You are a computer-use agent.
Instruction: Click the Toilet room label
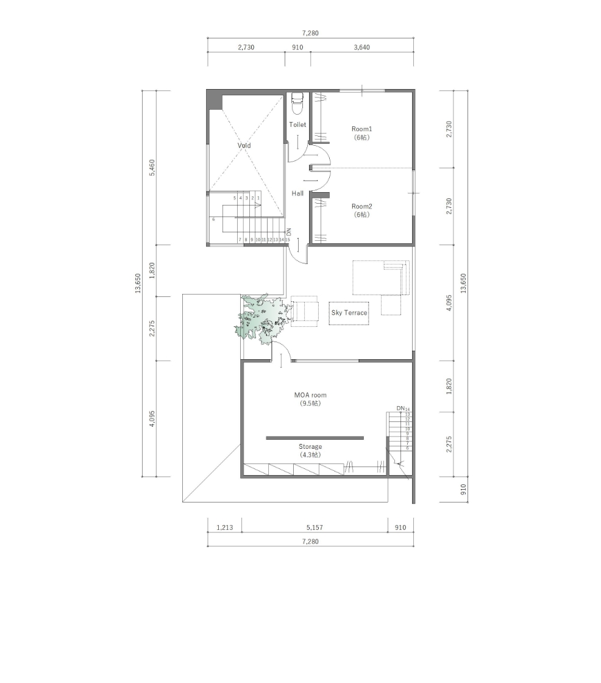297,124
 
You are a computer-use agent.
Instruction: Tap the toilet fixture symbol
297,104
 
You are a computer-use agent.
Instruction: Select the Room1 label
361,129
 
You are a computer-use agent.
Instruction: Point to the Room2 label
361,206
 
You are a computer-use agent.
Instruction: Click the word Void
244,146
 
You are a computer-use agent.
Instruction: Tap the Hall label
297,193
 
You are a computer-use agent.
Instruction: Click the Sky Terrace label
349,313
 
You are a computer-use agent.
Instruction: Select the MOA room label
310,395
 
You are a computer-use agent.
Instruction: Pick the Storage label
310,447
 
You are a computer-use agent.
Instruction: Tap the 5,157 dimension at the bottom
315,527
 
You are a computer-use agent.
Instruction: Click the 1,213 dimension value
224,527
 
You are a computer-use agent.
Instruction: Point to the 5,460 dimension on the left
152,167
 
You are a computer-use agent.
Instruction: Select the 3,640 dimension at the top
361,48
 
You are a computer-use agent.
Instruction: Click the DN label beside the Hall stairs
289,232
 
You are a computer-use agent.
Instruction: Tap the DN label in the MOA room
400,408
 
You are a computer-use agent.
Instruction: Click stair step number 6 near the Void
213,220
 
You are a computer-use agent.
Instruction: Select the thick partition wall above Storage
315,438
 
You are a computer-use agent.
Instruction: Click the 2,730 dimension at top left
246,48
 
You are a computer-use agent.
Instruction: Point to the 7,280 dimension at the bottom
310,542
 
